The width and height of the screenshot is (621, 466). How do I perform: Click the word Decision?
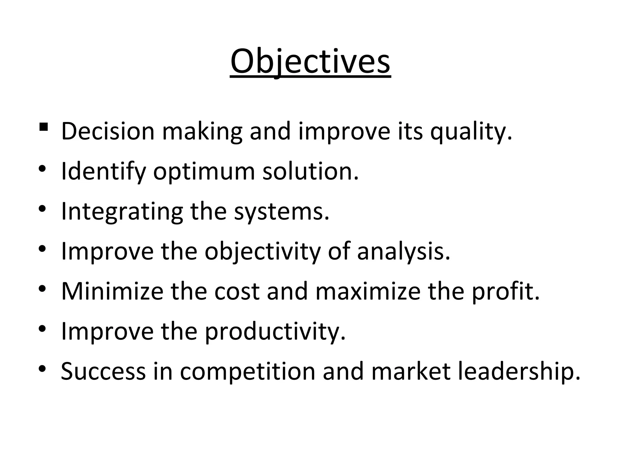pyautogui.click(x=108, y=131)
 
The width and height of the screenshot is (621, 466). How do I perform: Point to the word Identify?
pyautogui.click(x=103, y=172)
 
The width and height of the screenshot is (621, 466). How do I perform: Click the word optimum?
pyautogui.click(x=204, y=172)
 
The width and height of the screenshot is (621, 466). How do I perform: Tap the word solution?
pyautogui.click(x=310, y=171)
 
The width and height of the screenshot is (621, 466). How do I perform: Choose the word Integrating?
pyautogui.click(x=122, y=212)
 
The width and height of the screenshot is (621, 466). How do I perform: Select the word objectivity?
pyautogui.click(x=262, y=252)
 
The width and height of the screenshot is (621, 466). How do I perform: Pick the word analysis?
pyautogui.click(x=403, y=252)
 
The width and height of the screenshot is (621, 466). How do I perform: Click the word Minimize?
pyautogui.click(x=112, y=291)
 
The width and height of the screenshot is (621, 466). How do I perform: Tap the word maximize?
pyautogui.click(x=368, y=291)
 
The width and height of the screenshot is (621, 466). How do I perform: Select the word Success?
pyautogui.click(x=103, y=371)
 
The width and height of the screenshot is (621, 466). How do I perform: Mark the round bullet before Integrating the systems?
pyautogui.click(x=42, y=209)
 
